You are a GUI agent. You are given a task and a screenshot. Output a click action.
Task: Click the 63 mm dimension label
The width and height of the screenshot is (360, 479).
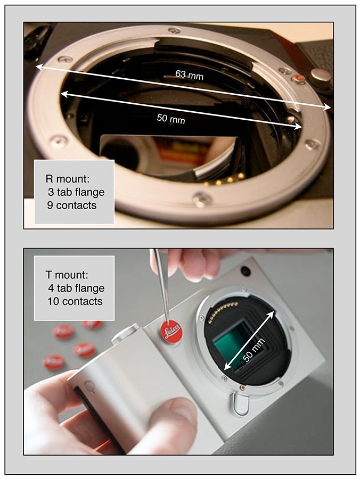click(x=189, y=75)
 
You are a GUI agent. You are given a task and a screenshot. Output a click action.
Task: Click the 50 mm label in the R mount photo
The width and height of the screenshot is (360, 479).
click(x=171, y=119)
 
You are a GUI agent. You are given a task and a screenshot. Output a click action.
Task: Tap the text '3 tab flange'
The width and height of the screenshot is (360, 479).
click(x=76, y=192)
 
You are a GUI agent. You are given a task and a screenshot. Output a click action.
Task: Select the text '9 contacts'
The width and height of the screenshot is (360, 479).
click(x=72, y=205)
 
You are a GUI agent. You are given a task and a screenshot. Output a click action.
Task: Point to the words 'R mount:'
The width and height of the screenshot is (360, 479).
click(x=68, y=179)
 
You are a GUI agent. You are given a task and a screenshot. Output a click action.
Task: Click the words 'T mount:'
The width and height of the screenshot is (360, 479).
click(x=67, y=275)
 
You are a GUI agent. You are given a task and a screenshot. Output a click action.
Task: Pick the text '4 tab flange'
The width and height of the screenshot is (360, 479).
click(x=76, y=288)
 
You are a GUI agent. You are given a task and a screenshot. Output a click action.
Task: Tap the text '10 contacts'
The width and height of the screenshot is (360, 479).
click(x=75, y=301)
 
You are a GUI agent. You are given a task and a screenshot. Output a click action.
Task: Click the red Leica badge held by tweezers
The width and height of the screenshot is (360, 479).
click(x=171, y=331)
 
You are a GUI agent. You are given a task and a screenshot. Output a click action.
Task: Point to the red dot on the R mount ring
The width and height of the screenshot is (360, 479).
click(x=299, y=79)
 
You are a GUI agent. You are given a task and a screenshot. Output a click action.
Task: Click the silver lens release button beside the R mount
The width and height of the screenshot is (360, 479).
click(x=321, y=77)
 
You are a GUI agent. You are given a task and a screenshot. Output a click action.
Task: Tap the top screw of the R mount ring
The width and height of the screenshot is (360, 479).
click(x=175, y=30)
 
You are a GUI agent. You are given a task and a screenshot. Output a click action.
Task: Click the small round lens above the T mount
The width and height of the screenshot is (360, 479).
click(x=245, y=271)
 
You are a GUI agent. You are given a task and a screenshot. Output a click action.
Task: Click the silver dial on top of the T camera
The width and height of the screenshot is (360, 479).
click(x=126, y=333)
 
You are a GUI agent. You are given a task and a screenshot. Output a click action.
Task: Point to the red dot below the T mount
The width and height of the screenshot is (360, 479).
click(x=242, y=387)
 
